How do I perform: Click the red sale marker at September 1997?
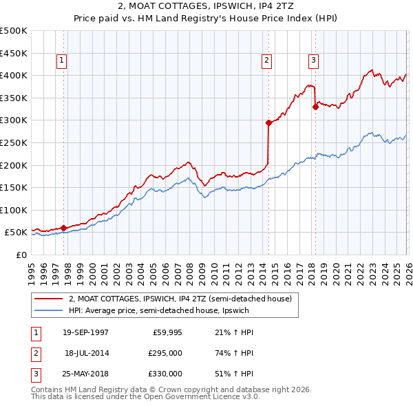coord(63,228)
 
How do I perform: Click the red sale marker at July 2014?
coord(268,122)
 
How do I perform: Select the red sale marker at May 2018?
coord(315,107)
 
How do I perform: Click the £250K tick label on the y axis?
coord(13,142)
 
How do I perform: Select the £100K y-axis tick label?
coord(13,210)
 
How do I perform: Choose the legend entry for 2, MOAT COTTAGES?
coord(180,299)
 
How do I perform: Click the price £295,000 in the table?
coord(165,352)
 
